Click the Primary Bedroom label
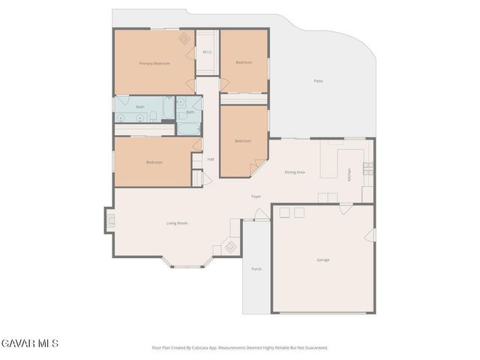click(155, 64)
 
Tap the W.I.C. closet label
click(207, 52)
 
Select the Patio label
click(318, 81)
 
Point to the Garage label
click(322, 259)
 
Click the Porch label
click(256, 268)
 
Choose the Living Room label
click(176, 223)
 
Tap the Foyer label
click(256, 196)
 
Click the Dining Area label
click(294, 172)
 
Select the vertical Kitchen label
click(349, 175)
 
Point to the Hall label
click(211, 159)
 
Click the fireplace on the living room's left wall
click(109, 221)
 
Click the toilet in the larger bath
click(152, 116)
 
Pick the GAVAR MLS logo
click(29, 343)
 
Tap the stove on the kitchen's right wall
click(367, 169)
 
